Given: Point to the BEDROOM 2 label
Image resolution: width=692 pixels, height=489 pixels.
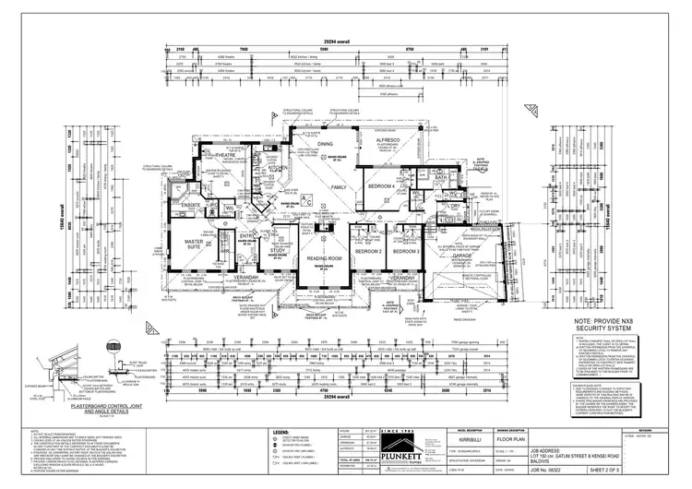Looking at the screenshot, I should coord(368,251).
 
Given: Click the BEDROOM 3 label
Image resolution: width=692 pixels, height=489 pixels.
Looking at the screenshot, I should coord(406,251).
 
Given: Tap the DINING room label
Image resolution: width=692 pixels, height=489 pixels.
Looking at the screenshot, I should coord(325,145).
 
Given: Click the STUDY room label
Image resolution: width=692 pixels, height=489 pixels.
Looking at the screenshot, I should coord(278,250).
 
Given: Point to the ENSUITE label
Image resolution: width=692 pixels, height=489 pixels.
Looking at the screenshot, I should coord(191,205).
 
